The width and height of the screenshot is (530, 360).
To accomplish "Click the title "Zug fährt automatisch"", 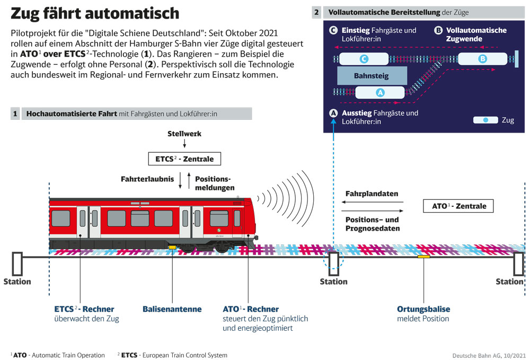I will click(x=95, y=13).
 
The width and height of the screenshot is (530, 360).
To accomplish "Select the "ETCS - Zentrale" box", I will click(x=184, y=159).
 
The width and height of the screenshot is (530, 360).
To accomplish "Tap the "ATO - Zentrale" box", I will click(x=459, y=206).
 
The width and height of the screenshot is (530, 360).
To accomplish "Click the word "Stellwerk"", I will click(x=184, y=134).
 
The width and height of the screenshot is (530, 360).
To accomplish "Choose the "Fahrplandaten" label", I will click(x=372, y=194).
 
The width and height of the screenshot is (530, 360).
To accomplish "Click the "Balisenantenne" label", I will click(x=172, y=309).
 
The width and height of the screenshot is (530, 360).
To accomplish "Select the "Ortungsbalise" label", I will click(x=423, y=309).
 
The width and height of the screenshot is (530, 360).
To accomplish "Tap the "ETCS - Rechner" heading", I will click(x=84, y=309).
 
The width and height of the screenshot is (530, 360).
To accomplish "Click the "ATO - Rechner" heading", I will click(x=251, y=309).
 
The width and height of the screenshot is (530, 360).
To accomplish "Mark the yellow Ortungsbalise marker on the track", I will click(x=423, y=257).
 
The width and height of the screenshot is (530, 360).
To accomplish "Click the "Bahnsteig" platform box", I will click(x=372, y=76).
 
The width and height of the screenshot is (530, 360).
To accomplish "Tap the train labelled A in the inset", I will click(x=379, y=93).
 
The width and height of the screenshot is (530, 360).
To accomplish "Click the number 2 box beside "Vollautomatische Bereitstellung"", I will click(x=317, y=12).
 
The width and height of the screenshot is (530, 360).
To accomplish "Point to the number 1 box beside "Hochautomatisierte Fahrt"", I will click(x=15, y=113).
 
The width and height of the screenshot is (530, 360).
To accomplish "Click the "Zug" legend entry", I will click(x=493, y=120).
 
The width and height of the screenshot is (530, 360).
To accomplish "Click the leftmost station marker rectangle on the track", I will click(x=17, y=264).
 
